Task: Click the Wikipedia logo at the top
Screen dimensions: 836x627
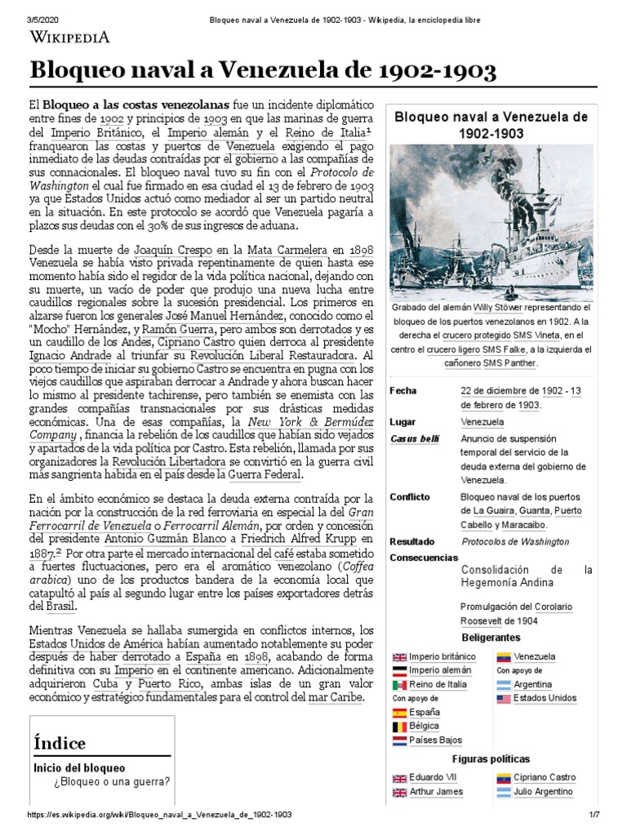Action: [69, 36]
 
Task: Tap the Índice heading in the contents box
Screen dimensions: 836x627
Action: [60, 742]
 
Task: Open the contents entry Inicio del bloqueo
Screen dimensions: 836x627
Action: [79, 767]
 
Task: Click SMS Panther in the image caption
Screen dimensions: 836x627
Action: [511, 362]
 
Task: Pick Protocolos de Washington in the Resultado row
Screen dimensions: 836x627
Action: [515, 541]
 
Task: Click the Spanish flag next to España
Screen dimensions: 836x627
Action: [399, 712]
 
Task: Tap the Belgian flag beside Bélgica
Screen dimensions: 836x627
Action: [399, 726]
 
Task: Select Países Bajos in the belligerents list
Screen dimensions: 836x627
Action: [435, 740]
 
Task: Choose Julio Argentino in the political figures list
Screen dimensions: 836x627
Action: [544, 791]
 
